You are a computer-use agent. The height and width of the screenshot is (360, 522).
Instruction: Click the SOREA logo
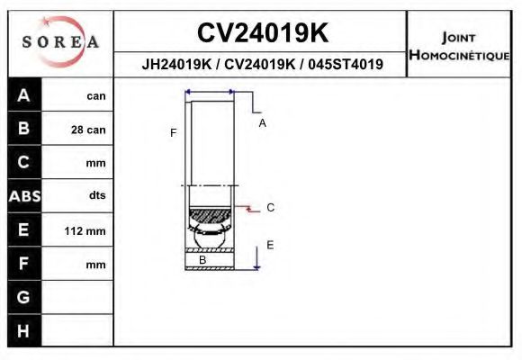pyautogui.click(x=59, y=42)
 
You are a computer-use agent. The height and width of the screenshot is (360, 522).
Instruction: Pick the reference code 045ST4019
pyautogui.click(x=346, y=65)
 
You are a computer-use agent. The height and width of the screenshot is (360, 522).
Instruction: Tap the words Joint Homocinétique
pyautogui.click(x=459, y=46)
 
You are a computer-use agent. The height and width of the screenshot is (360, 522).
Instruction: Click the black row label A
pyautogui.click(x=24, y=95)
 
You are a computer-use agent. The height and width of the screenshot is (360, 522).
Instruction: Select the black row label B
pyautogui.click(x=24, y=129)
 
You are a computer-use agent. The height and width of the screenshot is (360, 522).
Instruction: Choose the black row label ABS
pyautogui.click(x=24, y=195)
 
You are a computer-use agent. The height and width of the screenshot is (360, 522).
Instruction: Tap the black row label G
pyautogui.click(x=24, y=296)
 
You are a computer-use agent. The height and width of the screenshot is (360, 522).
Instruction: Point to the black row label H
pyautogui.click(x=24, y=330)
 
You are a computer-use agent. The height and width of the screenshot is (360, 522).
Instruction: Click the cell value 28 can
pyautogui.click(x=88, y=130)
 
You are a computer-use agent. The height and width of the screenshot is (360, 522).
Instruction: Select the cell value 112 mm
pyautogui.click(x=85, y=231)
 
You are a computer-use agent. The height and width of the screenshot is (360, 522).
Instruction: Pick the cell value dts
pyautogui.click(x=97, y=195)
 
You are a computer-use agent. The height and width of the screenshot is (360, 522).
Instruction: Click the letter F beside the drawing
pyautogui.click(x=173, y=133)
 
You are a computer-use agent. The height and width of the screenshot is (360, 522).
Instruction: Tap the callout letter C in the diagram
pyautogui.click(x=270, y=208)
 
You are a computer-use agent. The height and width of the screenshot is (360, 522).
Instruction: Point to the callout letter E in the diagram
pyautogui.click(x=269, y=245)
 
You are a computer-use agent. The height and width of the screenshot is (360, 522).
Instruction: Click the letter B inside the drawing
pyautogui.click(x=202, y=260)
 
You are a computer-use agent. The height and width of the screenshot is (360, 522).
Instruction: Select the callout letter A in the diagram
pyautogui.click(x=262, y=123)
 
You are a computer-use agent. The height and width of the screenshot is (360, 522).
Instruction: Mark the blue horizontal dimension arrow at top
pyautogui.click(x=209, y=92)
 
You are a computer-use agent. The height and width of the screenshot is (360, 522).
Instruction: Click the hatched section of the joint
pyautogui.click(x=210, y=217)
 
